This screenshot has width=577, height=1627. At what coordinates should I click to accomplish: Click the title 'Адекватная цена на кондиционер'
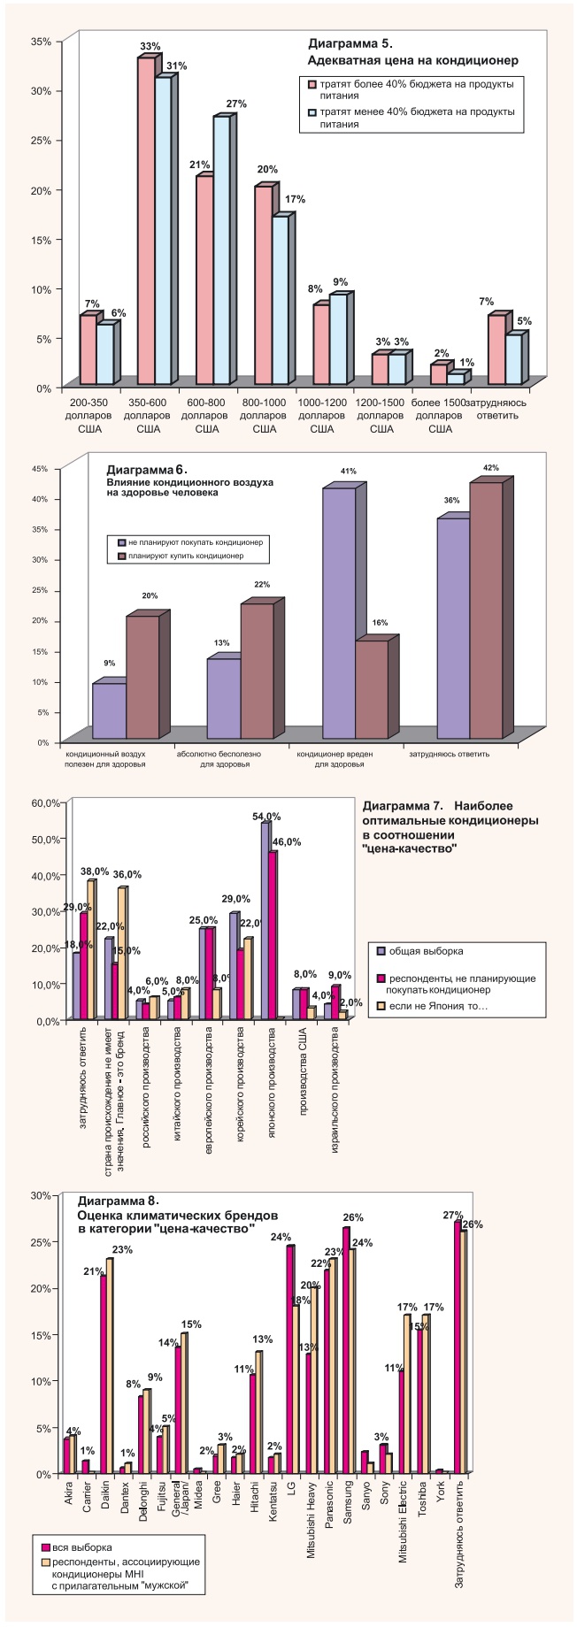(412, 60)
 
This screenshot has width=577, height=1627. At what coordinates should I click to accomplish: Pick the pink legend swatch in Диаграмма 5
(312, 84)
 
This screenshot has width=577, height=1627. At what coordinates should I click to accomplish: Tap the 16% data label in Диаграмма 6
(380, 623)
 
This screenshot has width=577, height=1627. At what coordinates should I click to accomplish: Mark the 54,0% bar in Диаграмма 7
(265, 921)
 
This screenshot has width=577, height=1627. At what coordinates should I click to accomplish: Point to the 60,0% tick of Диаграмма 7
(44, 802)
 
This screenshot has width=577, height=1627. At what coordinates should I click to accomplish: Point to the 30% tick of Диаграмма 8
(42, 1195)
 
